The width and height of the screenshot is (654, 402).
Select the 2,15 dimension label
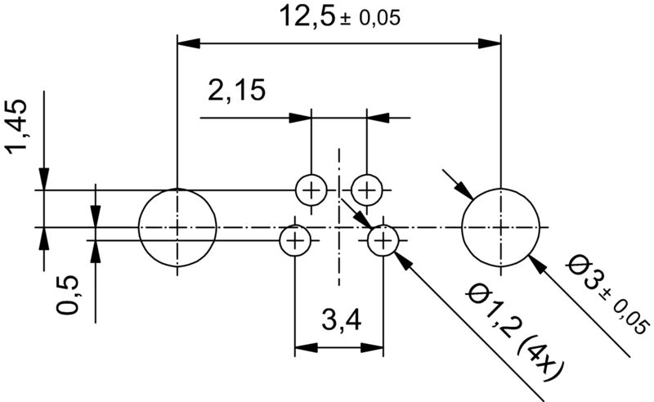click(x=236, y=90)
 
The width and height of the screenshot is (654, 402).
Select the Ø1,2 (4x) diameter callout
click(x=512, y=332)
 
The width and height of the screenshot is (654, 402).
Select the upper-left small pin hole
click(x=311, y=190)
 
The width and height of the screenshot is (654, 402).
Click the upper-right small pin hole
click(x=367, y=190)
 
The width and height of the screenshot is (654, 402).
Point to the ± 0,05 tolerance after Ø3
click(x=625, y=314)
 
